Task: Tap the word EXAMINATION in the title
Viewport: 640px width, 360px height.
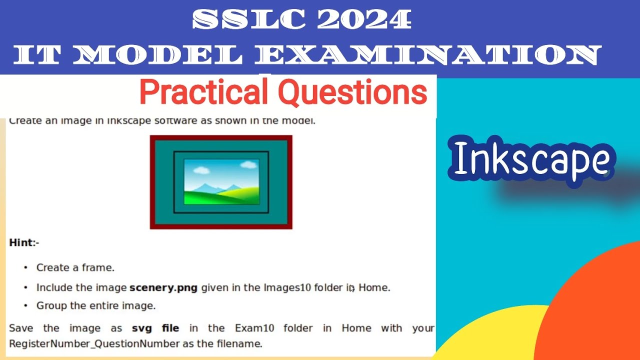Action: tap(428, 55)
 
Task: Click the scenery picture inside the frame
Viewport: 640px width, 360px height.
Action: tap(221, 181)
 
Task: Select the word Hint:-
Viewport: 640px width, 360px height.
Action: tap(24, 243)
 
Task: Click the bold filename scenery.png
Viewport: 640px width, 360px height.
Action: tap(163, 287)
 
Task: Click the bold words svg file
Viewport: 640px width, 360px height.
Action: tap(155, 328)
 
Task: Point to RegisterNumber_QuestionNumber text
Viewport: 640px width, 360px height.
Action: tap(94, 343)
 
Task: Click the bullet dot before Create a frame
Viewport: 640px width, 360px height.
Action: tap(25, 268)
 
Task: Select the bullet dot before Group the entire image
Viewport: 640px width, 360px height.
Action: tap(25, 305)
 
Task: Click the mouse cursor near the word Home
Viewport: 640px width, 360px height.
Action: tap(352, 288)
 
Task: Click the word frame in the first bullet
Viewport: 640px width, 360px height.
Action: tap(100, 267)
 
